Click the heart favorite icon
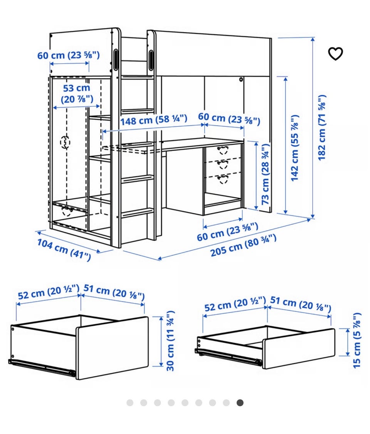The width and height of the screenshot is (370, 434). [x=335, y=54]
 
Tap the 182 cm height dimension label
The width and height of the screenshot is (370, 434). [x=322, y=127]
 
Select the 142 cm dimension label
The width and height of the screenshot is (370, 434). [x=295, y=148]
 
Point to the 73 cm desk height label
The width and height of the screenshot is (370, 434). [x=265, y=174]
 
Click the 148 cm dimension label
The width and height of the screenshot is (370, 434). [x=154, y=120]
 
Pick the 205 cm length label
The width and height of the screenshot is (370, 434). [x=243, y=246]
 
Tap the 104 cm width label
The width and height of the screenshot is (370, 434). [x=64, y=250]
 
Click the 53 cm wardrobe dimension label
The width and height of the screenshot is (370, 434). [x=77, y=94]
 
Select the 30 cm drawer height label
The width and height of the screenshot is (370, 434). [x=170, y=341]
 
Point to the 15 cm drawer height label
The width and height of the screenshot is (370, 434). [x=357, y=340]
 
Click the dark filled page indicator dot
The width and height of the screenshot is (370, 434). [x=240, y=402]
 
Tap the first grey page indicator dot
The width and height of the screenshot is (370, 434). [x=130, y=402]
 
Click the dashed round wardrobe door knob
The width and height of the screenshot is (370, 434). [x=65, y=142]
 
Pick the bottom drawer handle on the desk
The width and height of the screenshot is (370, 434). [x=223, y=179]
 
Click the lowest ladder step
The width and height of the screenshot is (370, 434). [x=138, y=212]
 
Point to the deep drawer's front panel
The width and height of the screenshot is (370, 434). [x=112, y=348]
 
